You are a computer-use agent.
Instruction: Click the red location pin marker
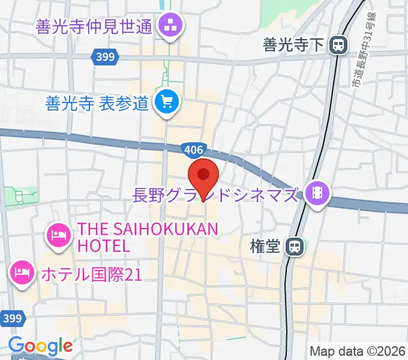pos(203,176)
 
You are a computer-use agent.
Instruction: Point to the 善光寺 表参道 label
pos(97,103)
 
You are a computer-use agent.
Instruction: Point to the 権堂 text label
pos(265,247)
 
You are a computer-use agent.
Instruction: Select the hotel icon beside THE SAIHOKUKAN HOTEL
pos(58,234)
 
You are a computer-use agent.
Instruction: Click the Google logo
pos(40,346)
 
